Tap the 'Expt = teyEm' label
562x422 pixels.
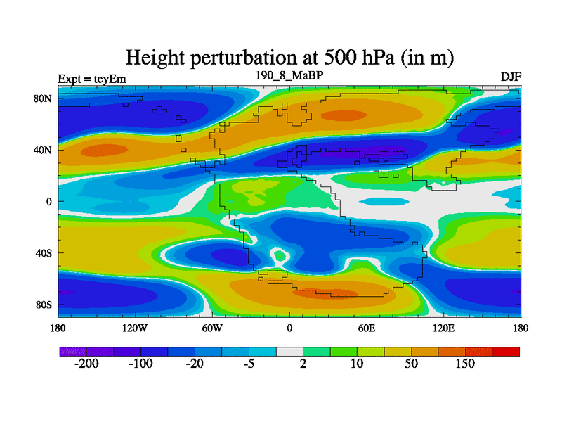92,79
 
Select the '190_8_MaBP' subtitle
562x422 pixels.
289,75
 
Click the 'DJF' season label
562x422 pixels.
511,77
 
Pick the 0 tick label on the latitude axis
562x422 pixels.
50,202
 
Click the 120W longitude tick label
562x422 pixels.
135,328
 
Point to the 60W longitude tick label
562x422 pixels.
212,328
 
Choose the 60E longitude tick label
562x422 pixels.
367,328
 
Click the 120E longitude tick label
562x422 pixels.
444,328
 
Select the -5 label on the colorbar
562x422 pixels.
249,364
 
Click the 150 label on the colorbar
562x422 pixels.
465,364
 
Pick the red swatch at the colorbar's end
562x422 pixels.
506,351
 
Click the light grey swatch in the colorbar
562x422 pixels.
289,351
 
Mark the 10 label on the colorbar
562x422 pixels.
357,364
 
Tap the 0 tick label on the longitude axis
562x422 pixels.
289,328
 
